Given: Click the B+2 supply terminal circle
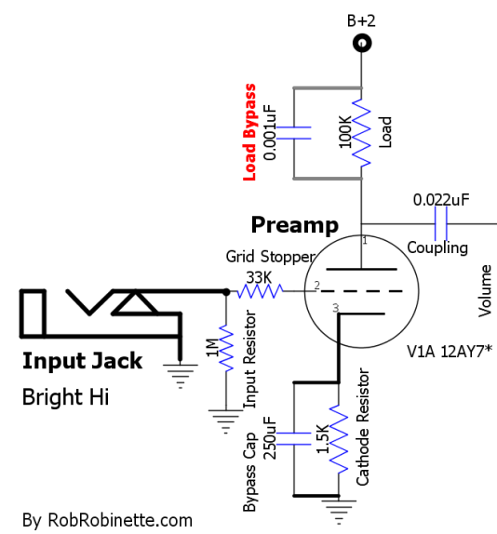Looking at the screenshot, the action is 361,43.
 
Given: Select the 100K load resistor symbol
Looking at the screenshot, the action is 361,133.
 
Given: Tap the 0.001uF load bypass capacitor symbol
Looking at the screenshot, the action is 293,133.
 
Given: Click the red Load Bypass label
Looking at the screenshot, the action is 249,132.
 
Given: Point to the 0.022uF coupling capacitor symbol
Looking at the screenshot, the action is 441,224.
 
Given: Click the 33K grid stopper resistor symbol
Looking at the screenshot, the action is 260,291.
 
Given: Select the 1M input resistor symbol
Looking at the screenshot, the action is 226,348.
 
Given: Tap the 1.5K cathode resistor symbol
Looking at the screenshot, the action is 338,439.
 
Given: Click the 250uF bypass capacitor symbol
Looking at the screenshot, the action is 293,439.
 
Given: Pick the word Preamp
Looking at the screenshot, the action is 295,225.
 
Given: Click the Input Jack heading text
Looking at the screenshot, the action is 82,361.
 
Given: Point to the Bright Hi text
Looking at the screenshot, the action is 65,397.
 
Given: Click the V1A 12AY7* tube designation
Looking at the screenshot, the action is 450,351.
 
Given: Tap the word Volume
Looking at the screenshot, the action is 485,291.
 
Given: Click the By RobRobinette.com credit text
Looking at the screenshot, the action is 107,520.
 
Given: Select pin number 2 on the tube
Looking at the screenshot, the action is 317,285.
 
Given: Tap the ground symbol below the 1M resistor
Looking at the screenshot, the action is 226,421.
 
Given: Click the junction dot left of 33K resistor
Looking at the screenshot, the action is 226,291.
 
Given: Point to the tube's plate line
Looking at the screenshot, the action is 361,270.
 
